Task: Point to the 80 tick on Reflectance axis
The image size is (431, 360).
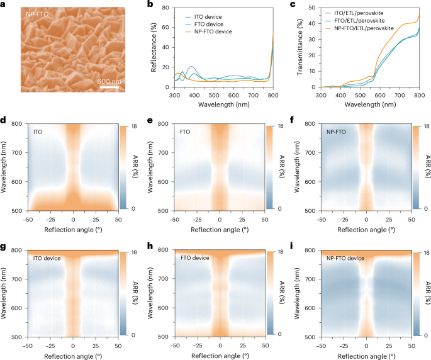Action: pyautogui.click(x=167, y=8)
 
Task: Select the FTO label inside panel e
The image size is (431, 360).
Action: pyautogui.click(x=185, y=132)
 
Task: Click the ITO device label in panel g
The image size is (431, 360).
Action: pyautogui.click(x=48, y=257)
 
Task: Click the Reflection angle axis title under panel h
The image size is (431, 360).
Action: pyautogui.click(x=220, y=355)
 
